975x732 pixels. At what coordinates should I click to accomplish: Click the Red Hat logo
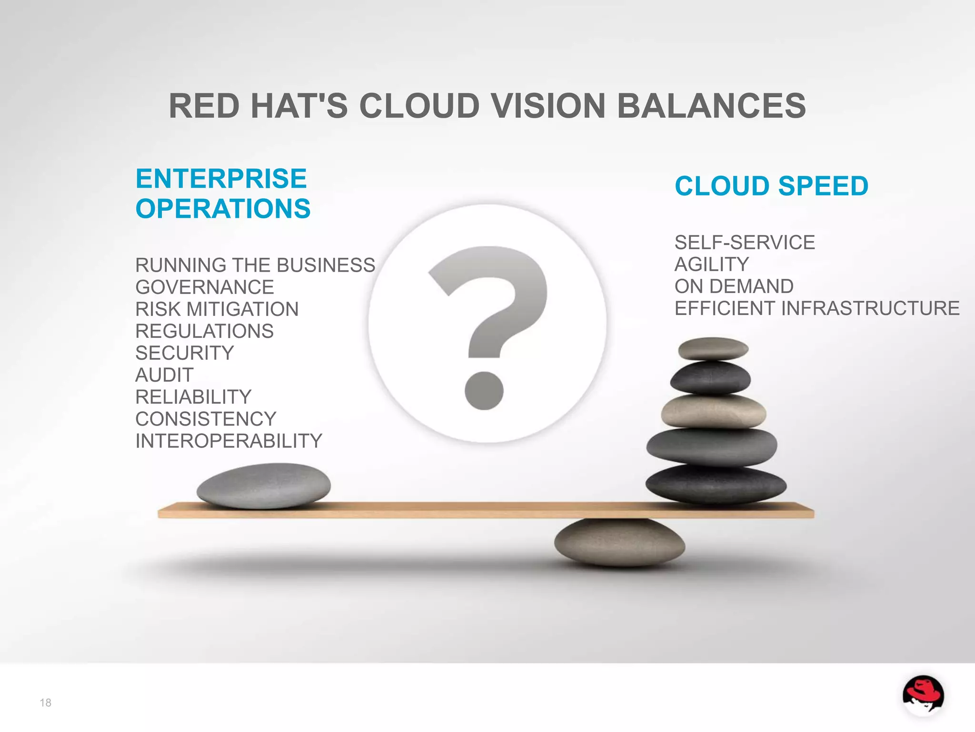click(x=923, y=695)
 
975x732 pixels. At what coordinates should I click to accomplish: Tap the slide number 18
click(x=45, y=702)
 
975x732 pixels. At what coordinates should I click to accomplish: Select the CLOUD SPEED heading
click(x=771, y=186)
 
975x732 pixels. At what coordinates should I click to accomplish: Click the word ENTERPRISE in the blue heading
click(x=221, y=179)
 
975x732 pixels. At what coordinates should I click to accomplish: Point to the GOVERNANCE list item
click(x=205, y=287)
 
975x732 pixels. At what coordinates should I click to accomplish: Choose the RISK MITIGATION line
click(x=217, y=309)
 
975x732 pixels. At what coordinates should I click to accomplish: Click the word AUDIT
click(x=164, y=375)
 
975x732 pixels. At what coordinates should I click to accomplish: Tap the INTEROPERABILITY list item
click(x=229, y=441)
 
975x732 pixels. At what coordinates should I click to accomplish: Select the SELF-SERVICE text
click(x=745, y=243)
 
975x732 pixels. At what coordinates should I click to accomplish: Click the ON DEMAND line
click(x=734, y=286)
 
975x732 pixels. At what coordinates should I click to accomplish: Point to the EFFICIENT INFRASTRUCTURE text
click(x=817, y=308)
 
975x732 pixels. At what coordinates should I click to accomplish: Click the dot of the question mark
click(x=484, y=391)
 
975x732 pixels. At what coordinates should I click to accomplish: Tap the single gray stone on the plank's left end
click(x=263, y=485)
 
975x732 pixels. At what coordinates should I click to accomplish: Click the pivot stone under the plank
click(x=619, y=543)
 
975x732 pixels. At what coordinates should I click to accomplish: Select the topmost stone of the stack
click(x=713, y=349)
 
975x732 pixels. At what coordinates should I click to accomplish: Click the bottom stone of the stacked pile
click(x=716, y=484)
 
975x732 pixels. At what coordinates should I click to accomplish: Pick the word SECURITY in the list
click(x=185, y=353)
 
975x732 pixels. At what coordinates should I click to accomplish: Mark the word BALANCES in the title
click(x=711, y=106)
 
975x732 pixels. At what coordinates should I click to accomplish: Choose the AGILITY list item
click(x=712, y=264)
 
